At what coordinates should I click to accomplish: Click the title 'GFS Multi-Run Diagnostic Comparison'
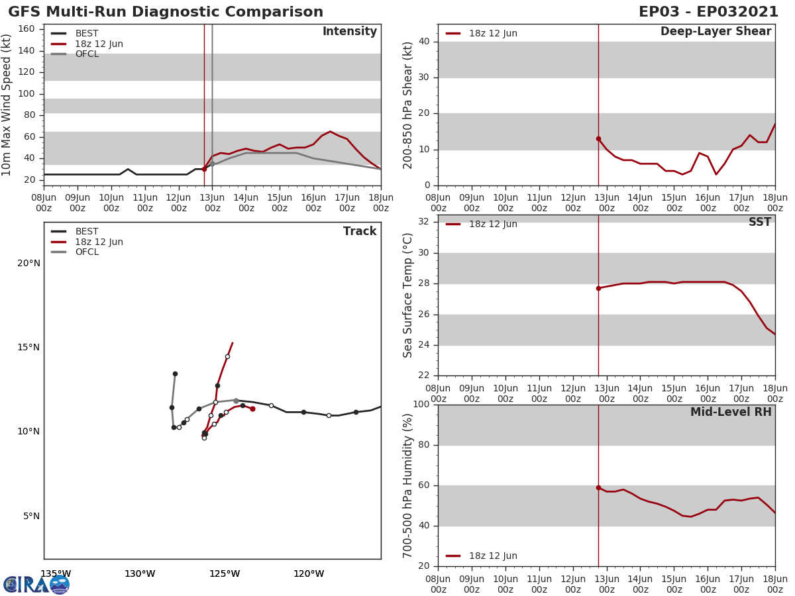pyautogui.click(x=166, y=12)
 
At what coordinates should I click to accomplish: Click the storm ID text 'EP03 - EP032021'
pyautogui.click(x=708, y=12)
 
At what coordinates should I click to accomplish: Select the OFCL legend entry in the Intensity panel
pyautogui.click(x=87, y=54)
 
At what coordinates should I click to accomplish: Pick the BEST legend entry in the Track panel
pyautogui.click(x=87, y=232)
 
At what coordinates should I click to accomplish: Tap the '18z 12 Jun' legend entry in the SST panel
pyautogui.click(x=493, y=224)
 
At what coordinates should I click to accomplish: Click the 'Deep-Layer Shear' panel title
pyautogui.click(x=715, y=32)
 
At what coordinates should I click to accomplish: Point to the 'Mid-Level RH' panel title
pyautogui.click(x=731, y=412)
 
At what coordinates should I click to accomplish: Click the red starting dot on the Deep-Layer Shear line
pyautogui.click(x=598, y=138)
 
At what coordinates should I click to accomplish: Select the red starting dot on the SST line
pyautogui.click(x=598, y=288)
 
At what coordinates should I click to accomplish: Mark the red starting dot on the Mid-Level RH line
pyautogui.click(x=598, y=487)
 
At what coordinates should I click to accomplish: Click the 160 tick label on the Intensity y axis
pyautogui.click(x=26, y=28)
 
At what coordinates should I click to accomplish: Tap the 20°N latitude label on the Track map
pyautogui.click(x=28, y=263)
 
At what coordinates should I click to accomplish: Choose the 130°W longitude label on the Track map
pyautogui.click(x=140, y=573)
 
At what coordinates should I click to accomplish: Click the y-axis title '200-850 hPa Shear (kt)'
pyautogui.click(x=409, y=105)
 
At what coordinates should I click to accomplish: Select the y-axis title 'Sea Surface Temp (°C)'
pyautogui.click(x=409, y=295)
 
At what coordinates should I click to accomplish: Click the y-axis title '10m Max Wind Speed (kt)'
pyautogui.click(x=7, y=105)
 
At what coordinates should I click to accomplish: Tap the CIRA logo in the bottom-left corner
pyautogui.click(x=36, y=585)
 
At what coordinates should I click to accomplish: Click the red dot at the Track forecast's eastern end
pyautogui.click(x=252, y=409)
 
